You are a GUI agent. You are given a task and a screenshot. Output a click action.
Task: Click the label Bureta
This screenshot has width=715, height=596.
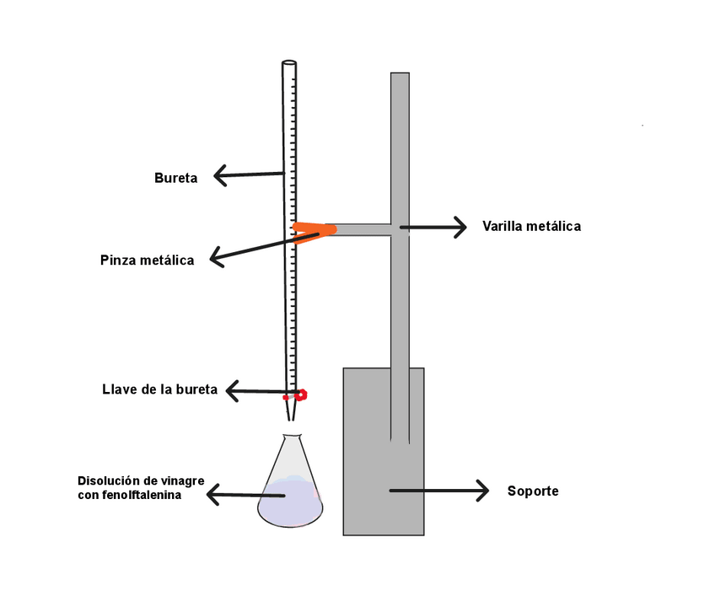(x=175, y=178)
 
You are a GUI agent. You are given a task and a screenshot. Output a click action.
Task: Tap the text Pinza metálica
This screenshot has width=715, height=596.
(x=147, y=260)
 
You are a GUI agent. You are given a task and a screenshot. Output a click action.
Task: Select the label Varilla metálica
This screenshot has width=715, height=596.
(x=531, y=226)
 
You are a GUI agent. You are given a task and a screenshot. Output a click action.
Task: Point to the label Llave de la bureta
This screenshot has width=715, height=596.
(x=159, y=389)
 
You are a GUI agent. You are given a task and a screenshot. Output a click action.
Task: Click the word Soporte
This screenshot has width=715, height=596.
(x=533, y=491)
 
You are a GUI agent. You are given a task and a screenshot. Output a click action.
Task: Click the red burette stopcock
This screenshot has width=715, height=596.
(x=298, y=395)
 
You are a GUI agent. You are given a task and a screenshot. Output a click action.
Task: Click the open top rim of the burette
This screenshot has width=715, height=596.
(x=288, y=63)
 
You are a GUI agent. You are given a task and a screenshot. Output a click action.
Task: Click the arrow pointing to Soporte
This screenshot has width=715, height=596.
(x=438, y=490)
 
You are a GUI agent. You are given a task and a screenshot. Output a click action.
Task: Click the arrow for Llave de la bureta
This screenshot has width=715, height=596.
(x=257, y=390)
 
